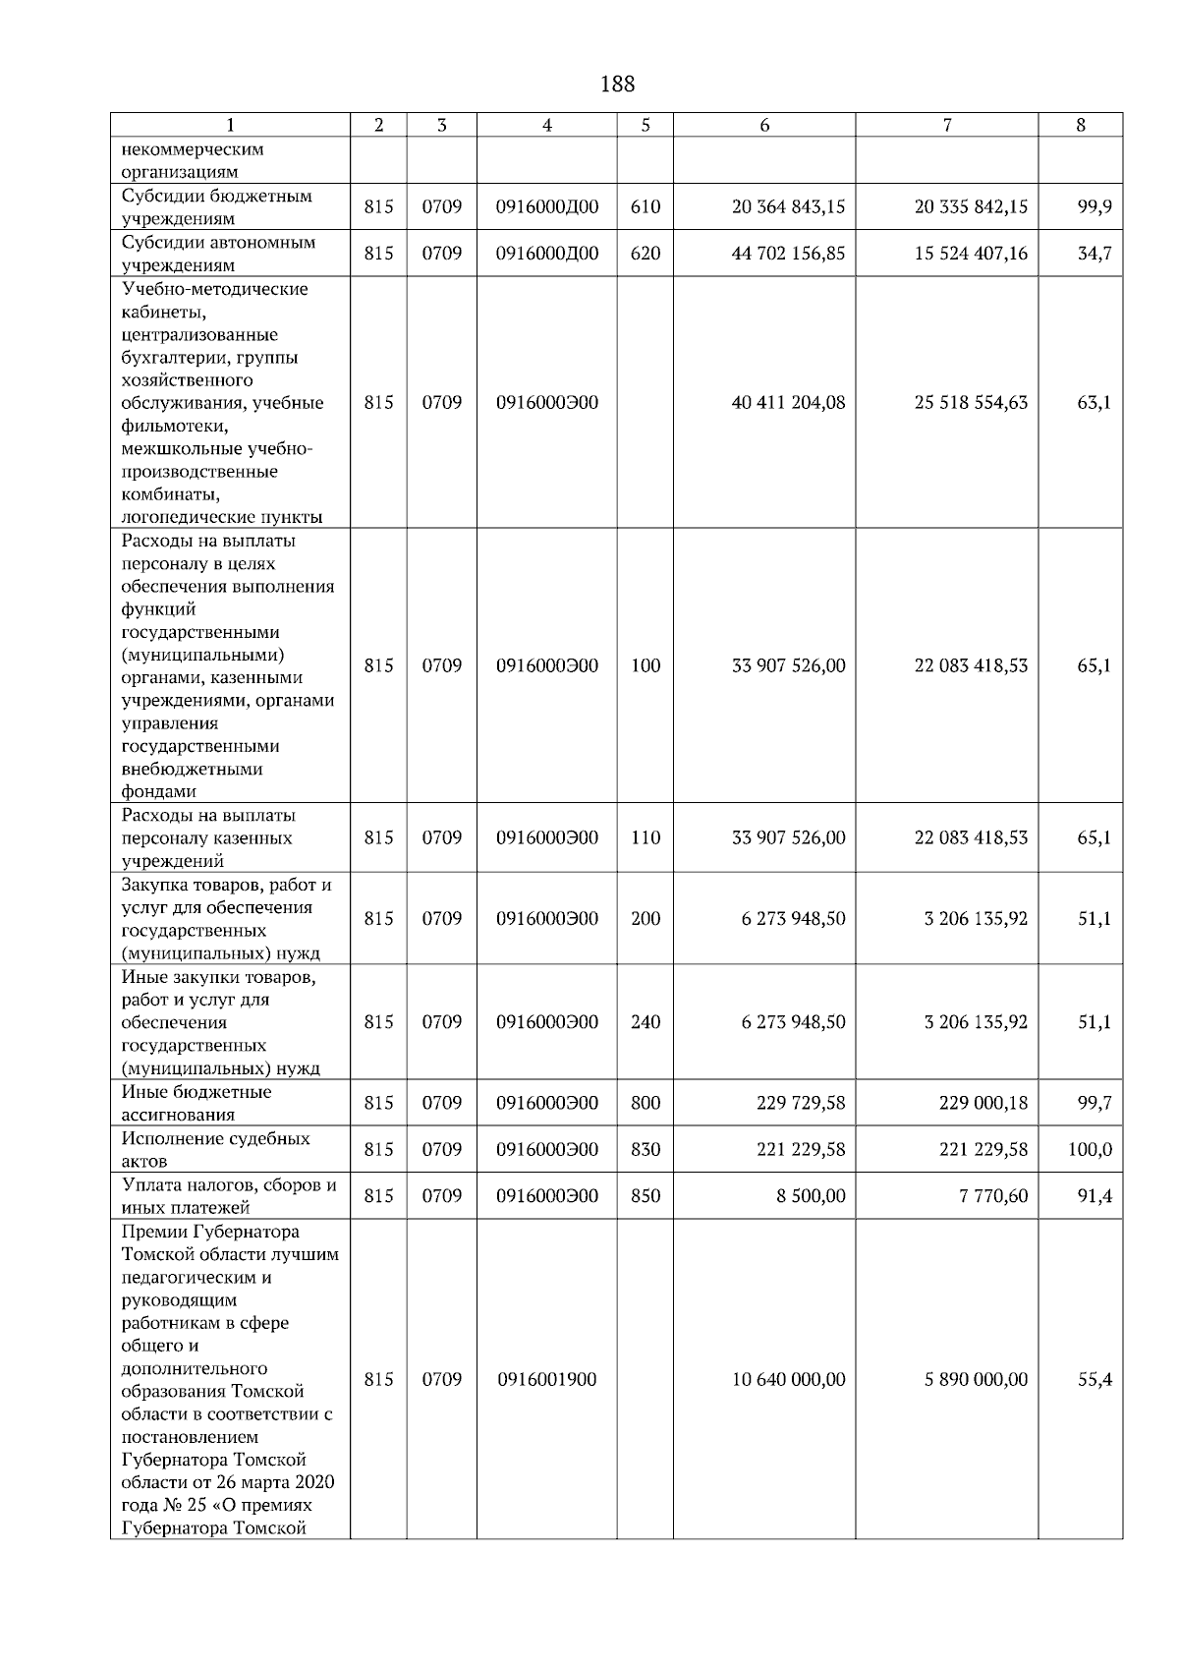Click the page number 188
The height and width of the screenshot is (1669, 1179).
tap(617, 85)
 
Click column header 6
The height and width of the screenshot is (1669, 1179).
tap(764, 125)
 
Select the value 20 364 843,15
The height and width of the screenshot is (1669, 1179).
tap(788, 207)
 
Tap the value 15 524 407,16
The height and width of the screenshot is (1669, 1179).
tap(971, 254)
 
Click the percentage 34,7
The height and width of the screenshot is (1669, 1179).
tap(1094, 254)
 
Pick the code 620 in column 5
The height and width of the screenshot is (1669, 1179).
tap(646, 254)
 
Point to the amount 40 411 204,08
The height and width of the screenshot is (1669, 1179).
tap(788, 403)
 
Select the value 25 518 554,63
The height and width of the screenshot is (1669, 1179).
tap(971, 403)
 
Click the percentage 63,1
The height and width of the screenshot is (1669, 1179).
tap(1094, 403)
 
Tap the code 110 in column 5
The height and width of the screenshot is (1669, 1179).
tap(646, 838)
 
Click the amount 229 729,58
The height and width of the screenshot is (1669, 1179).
tap(801, 1104)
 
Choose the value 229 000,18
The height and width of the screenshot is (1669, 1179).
tap(982, 1104)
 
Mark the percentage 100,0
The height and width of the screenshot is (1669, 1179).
tap(1091, 1150)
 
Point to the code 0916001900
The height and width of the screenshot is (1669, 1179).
tap(547, 1380)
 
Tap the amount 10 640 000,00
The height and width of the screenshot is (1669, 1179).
tap(788, 1380)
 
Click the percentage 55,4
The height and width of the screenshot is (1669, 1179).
tap(1094, 1380)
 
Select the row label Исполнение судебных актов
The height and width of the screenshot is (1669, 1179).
tap(215, 1150)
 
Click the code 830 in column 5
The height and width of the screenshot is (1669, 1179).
tap(646, 1150)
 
